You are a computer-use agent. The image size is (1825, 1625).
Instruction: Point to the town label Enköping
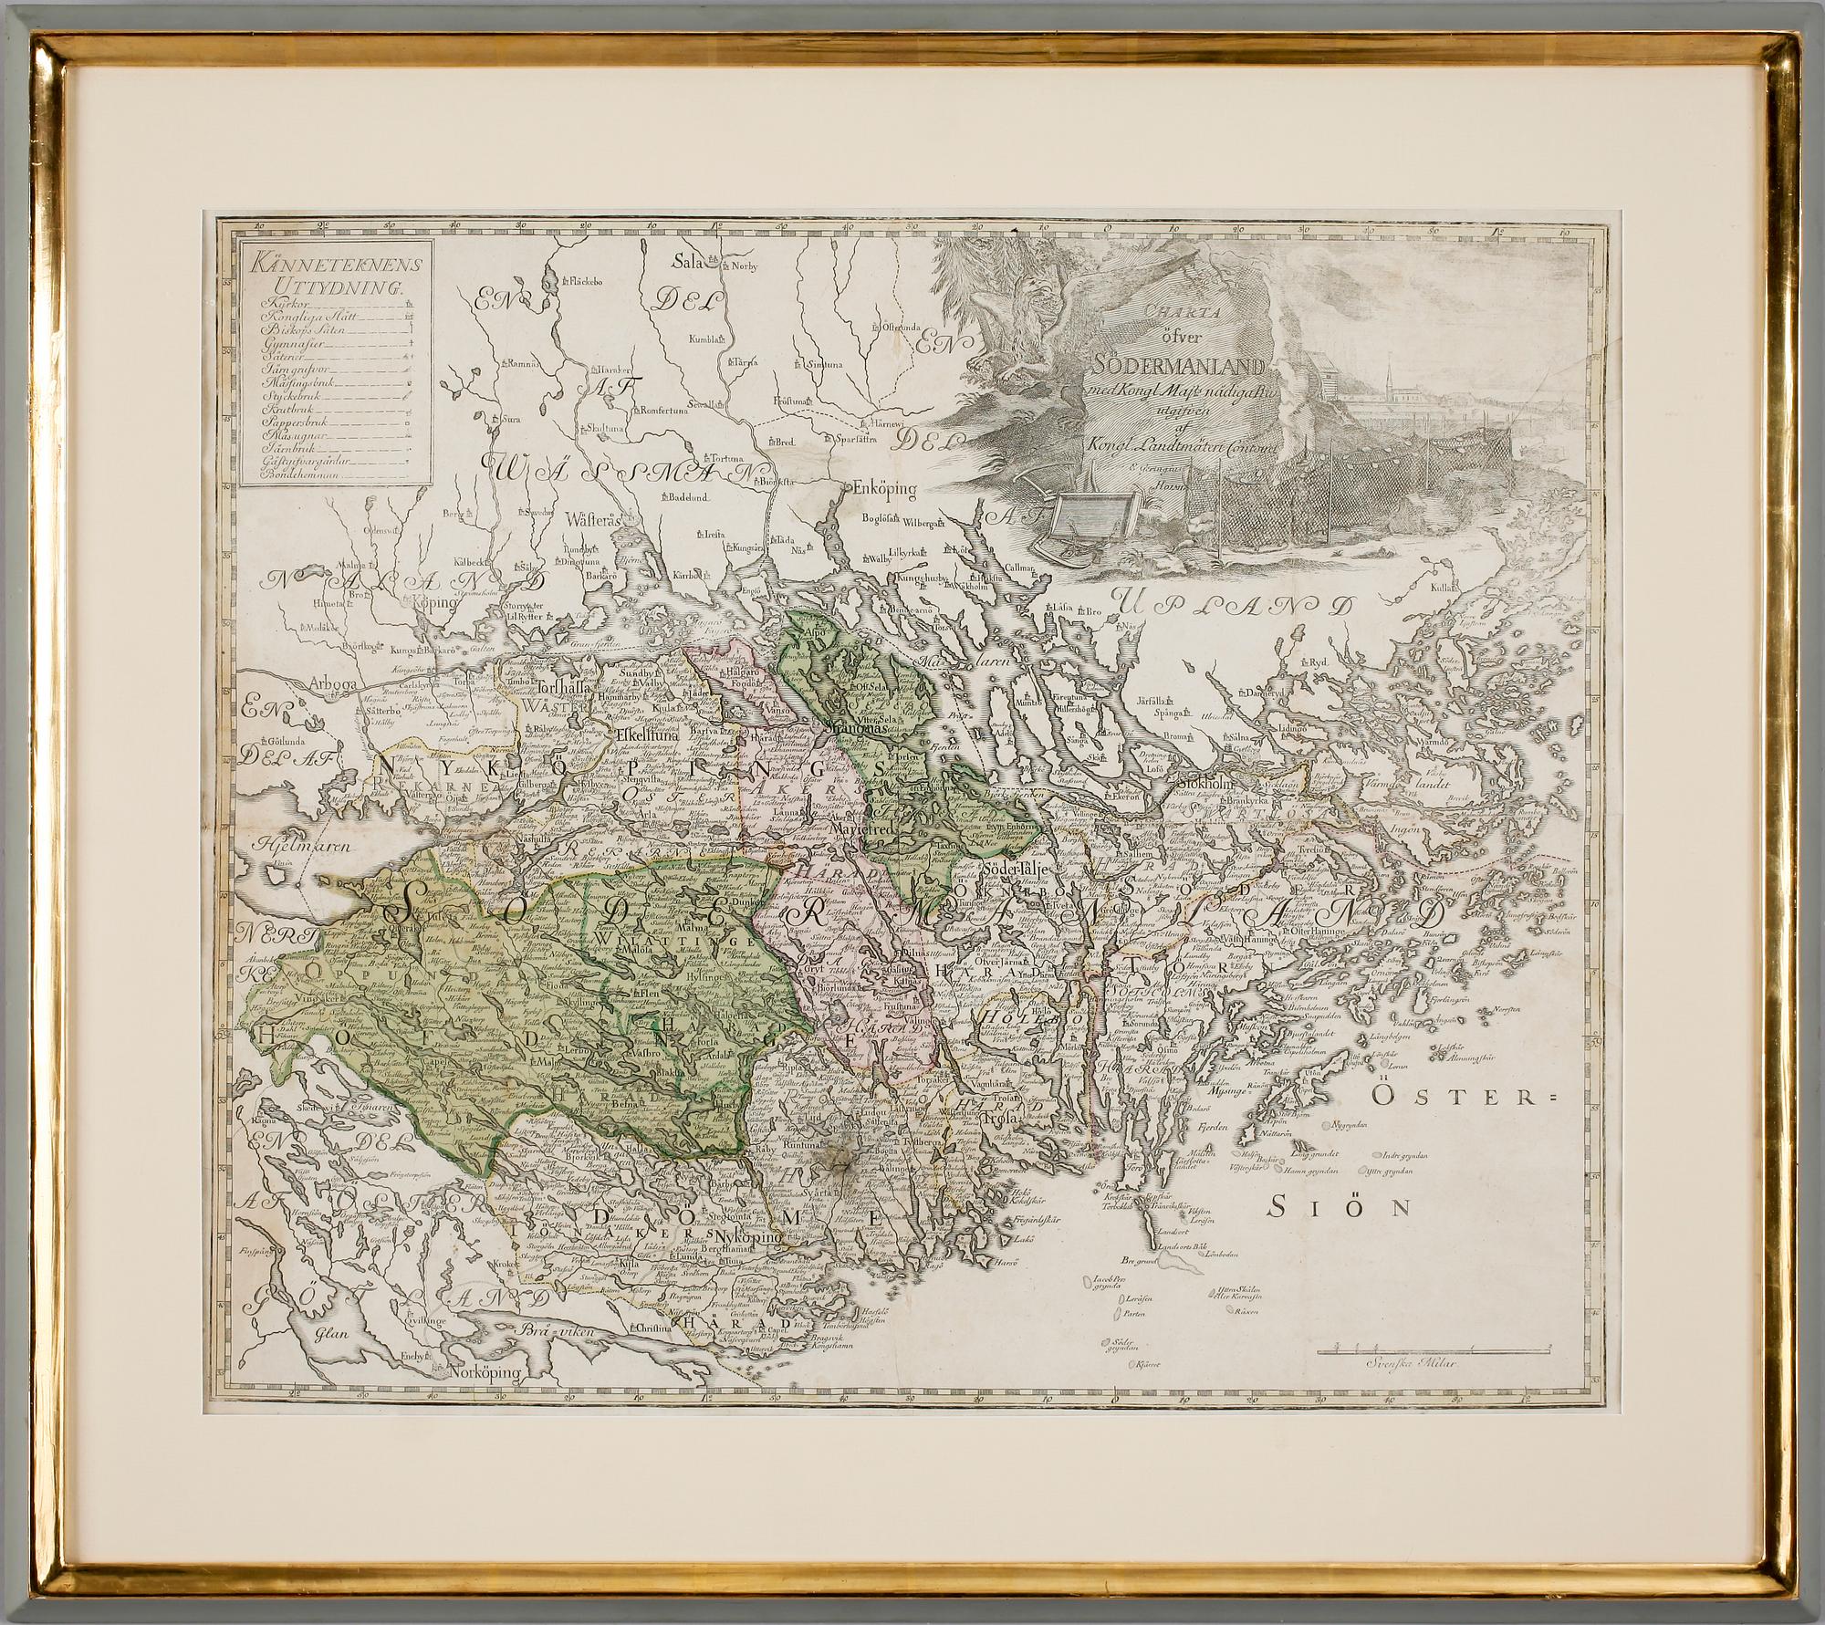tap(883, 489)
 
